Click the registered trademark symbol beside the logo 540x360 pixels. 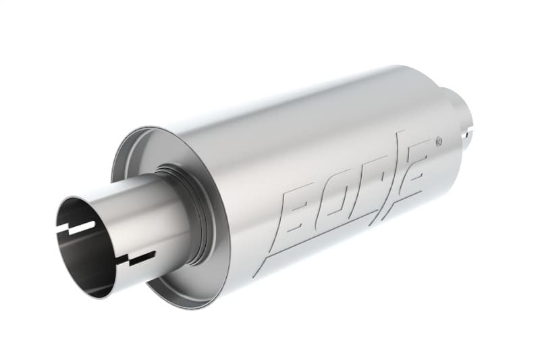pos(439,141)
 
